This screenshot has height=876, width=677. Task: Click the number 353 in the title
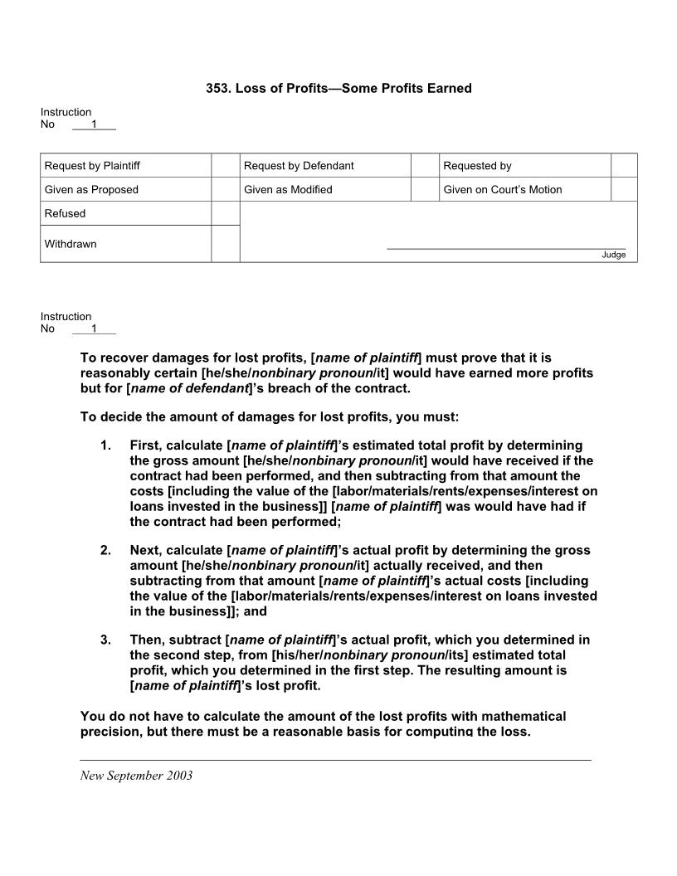217,88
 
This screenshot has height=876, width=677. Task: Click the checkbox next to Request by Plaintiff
225,165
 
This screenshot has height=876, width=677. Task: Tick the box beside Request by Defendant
425,165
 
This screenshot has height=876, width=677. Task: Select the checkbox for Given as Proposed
225,189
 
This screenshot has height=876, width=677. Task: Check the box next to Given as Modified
425,189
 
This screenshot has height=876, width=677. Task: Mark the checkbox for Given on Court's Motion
624,189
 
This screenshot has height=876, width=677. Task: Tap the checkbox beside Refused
225,213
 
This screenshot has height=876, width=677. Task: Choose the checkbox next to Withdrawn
225,244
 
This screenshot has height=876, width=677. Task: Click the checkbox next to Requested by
624,165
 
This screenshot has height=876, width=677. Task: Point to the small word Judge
614,255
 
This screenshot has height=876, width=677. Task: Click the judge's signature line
506,247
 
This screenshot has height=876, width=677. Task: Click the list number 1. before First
105,445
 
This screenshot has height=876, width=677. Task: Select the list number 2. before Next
105,550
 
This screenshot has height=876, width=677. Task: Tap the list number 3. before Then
105,640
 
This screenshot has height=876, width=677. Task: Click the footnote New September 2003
136,776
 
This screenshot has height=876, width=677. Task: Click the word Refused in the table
65,213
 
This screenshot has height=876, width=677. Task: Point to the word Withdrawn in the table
71,244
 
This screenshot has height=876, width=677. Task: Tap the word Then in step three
146,640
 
